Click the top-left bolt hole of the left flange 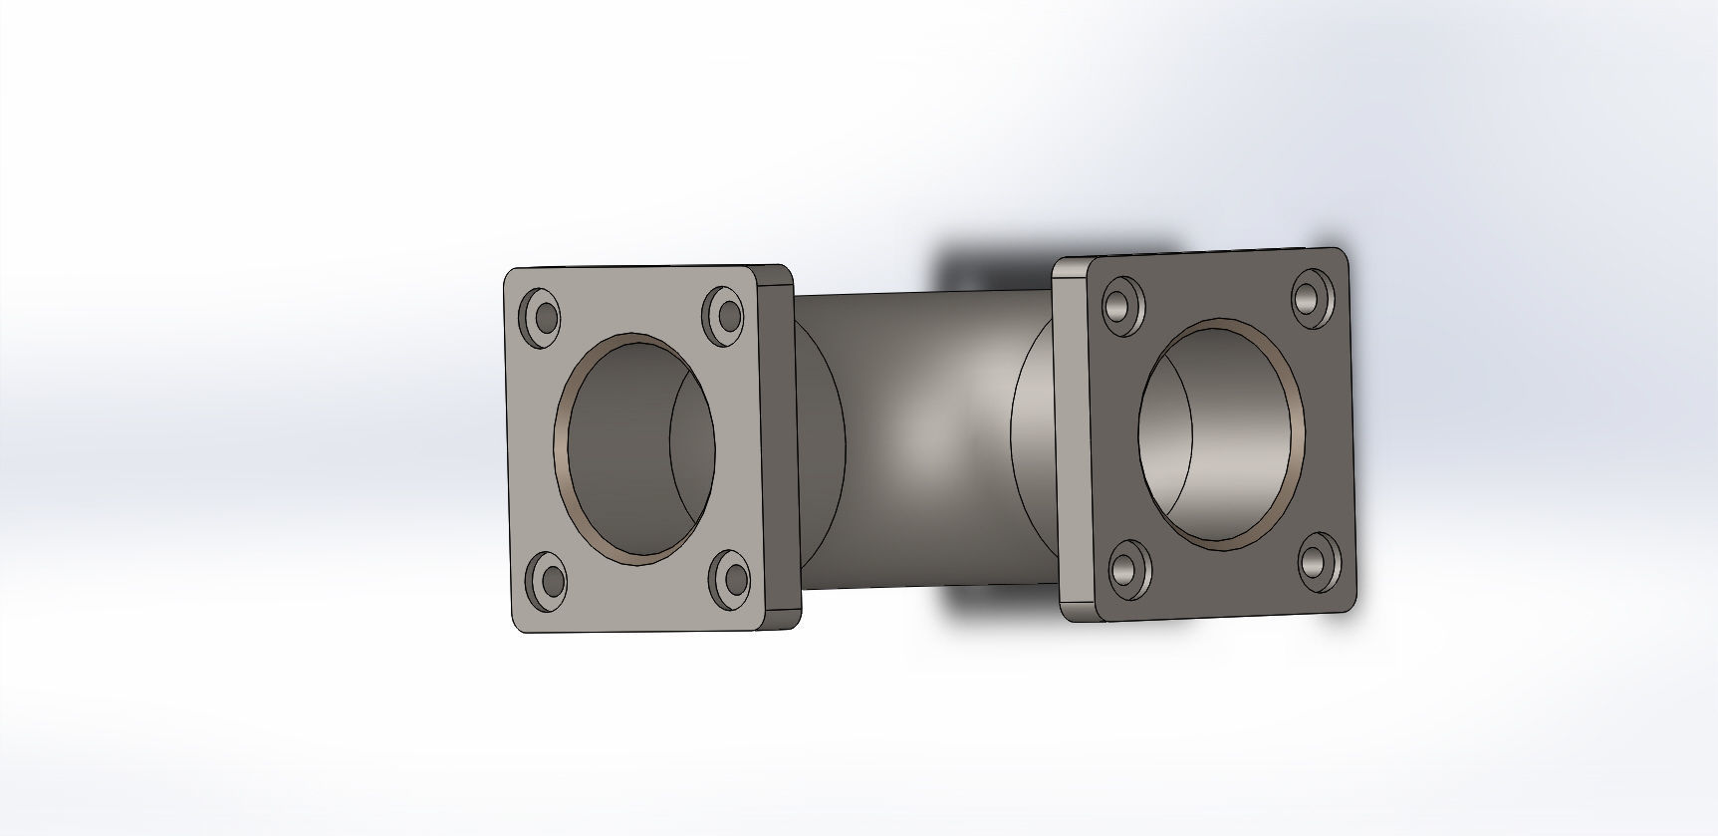(543, 315)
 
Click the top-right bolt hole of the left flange (724, 314)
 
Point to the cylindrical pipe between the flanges (926, 438)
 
